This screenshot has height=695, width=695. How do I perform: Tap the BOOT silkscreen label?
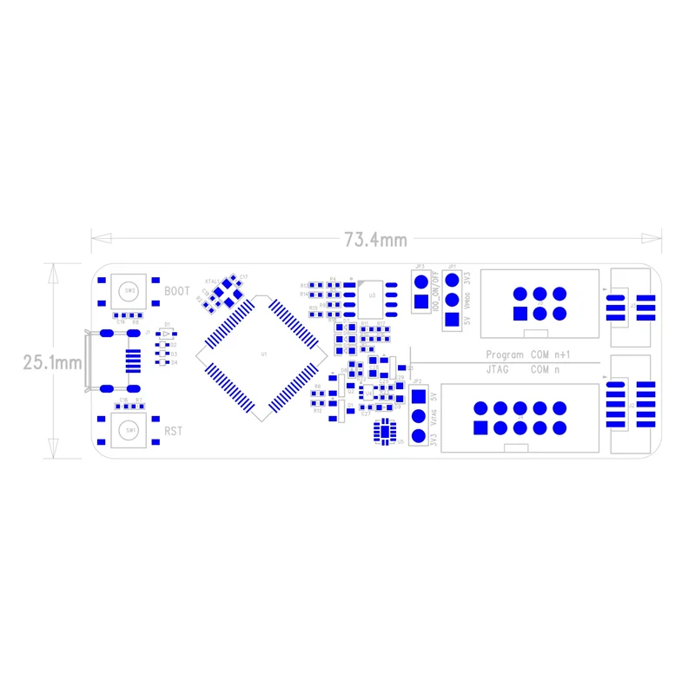coord(176,291)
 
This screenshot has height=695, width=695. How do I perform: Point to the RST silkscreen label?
coord(174,430)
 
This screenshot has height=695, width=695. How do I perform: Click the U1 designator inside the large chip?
coord(264,354)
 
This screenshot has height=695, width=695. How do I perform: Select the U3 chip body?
coord(372,295)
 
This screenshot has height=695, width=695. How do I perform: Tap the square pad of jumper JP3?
coord(421,302)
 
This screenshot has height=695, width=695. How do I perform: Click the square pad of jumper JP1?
coord(450,319)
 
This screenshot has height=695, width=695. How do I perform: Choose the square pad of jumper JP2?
coord(419,397)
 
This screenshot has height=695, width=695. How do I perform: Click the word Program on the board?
coord(504,354)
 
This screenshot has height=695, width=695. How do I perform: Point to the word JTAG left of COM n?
coord(497,369)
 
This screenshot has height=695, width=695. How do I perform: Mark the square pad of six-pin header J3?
coord(520,313)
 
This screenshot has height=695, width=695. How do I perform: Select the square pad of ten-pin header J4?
coord(480,427)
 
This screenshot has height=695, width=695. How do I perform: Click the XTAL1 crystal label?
coord(212,281)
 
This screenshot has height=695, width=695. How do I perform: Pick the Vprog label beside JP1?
coord(467,301)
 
